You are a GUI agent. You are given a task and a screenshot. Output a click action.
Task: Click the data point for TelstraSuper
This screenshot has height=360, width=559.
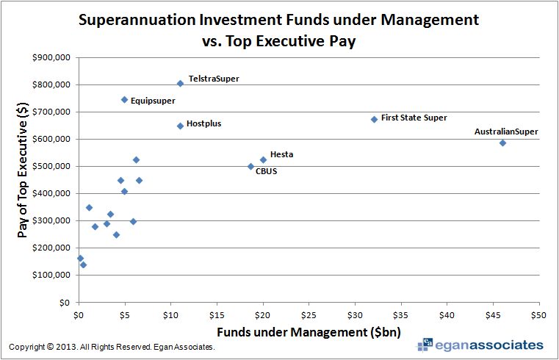(180, 84)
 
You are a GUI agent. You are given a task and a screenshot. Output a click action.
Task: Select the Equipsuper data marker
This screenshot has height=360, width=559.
(124, 100)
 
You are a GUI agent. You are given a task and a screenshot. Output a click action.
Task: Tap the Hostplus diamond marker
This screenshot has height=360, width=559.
(180, 126)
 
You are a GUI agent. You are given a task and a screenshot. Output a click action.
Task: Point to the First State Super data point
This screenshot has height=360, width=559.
(374, 119)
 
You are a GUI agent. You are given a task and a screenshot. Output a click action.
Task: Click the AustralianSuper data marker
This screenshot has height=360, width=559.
(502, 143)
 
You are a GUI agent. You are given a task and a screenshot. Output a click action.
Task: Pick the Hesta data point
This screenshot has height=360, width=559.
(263, 159)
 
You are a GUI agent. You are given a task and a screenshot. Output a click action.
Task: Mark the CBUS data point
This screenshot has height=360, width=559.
(250, 167)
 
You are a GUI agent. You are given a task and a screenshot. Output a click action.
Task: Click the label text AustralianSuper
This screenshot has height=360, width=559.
(506, 132)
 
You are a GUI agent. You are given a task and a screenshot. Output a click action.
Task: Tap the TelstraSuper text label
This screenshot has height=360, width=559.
(214, 78)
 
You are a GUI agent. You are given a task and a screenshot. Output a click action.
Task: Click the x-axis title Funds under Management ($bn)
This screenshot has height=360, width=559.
(309, 332)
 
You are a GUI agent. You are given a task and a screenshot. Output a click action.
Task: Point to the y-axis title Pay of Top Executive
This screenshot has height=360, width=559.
(24, 180)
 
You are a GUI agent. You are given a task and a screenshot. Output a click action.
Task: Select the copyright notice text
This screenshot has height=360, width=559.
(112, 347)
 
